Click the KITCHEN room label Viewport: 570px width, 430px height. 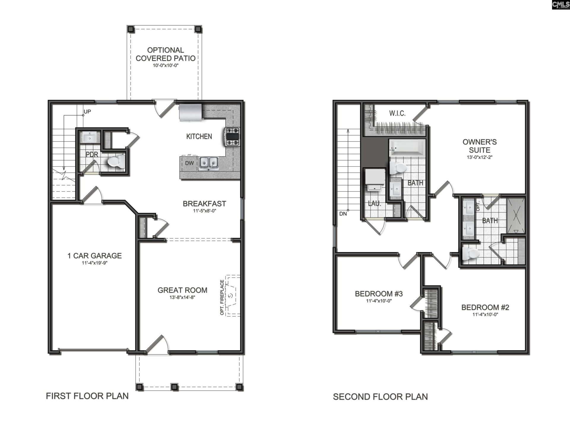[x=199, y=136]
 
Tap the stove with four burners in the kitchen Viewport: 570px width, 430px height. [x=232, y=137]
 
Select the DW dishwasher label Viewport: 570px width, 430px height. [x=189, y=163]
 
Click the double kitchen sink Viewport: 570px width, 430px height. [x=209, y=163]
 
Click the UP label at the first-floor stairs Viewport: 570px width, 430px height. [x=87, y=112]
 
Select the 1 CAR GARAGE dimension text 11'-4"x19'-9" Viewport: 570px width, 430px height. [x=94, y=263]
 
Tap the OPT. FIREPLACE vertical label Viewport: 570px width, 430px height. [x=222, y=297]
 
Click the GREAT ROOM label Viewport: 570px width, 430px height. [x=182, y=290]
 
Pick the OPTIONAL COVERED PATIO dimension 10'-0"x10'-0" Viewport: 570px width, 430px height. [x=165, y=65]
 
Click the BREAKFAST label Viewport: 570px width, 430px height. [x=204, y=204]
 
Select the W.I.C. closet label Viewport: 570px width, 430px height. [x=397, y=113]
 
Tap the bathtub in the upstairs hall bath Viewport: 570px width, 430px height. [x=407, y=148]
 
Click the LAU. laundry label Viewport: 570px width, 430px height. [x=374, y=204]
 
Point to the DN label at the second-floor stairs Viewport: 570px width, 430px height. [x=343, y=214]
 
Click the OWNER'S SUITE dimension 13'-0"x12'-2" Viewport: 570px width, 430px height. [x=479, y=157]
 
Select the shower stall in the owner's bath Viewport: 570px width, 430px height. [x=516, y=215]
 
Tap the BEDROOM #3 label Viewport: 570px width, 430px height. [x=379, y=294]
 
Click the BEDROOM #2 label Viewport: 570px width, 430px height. [x=485, y=307]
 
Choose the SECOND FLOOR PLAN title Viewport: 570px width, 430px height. [x=380, y=397]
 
